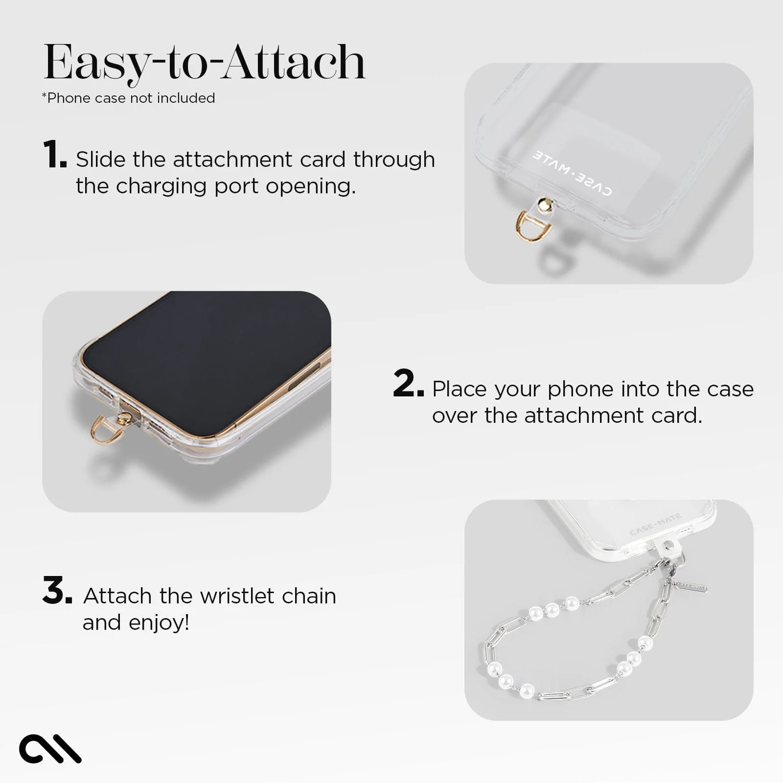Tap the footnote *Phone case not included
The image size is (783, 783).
point(128,98)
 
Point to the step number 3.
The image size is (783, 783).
point(57,591)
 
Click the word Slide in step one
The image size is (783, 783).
point(100,160)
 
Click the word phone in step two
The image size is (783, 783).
point(580,390)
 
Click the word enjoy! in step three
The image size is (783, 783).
point(159,623)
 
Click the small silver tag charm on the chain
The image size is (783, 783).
point(691,586)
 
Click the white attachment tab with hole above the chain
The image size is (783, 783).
point(670,547)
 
